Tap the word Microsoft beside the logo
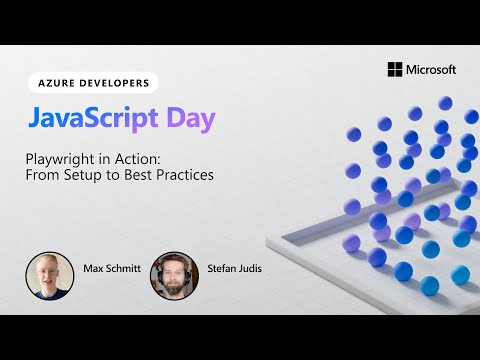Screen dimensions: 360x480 point(431,69)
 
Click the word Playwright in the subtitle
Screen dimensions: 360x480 point(58,158)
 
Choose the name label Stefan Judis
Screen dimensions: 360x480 point(231,268)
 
